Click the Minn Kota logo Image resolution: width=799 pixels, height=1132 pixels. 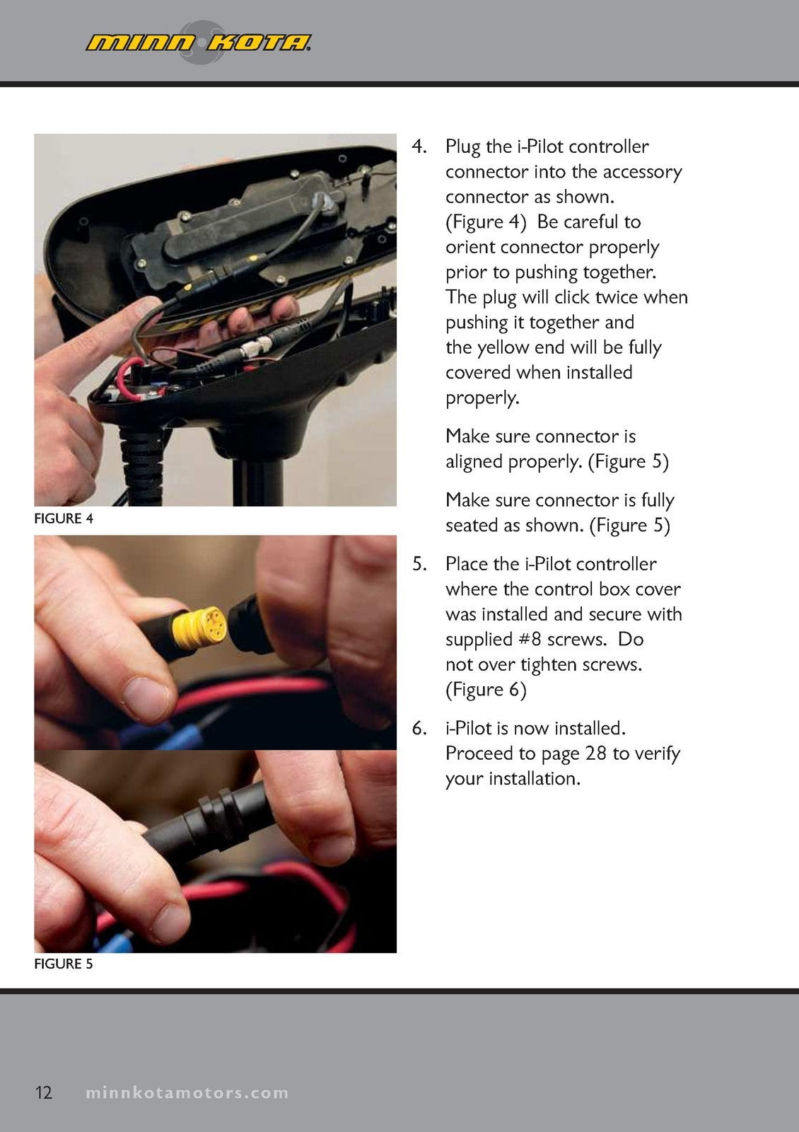coord(199,42)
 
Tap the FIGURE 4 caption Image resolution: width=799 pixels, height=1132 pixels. coord(64,519)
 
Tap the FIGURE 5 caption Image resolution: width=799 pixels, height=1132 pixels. coord(64,964)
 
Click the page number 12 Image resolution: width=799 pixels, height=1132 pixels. coord(43,1092)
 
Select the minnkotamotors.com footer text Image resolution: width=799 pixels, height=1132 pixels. coord(187,1092)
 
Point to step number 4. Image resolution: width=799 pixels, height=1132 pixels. coord(419,146)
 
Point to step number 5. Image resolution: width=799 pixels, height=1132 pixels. coord(419,564)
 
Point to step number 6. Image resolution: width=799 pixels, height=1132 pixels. coord(419,728)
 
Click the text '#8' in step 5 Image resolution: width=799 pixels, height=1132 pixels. coord(530,640)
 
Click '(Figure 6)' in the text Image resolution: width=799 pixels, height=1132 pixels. coord(486,691)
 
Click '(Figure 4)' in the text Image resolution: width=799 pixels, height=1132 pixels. coord(486,222)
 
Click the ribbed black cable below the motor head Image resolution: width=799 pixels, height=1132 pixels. coord(142,465)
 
